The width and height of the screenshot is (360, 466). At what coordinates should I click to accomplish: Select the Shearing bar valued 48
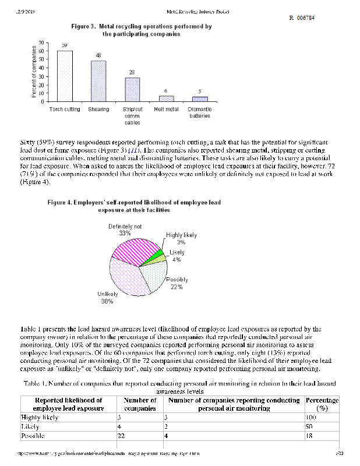(x=98, y=81)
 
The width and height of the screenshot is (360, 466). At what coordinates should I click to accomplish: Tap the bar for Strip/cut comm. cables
(x=132, y=90)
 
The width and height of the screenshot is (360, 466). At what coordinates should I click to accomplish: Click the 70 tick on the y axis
(x=40, y=43)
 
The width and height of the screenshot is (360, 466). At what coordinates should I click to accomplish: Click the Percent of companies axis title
(x=33, y=73)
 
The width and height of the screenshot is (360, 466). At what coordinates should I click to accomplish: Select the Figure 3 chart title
(x=141, y=30)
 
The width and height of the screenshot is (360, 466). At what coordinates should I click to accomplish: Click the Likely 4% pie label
(x=177, y=256)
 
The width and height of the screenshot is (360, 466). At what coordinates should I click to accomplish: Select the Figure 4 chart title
(x=135, y=206)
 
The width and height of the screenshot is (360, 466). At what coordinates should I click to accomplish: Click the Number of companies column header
(x=140, y=404)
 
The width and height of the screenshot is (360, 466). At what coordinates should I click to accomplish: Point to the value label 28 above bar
(x=132, y=72)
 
